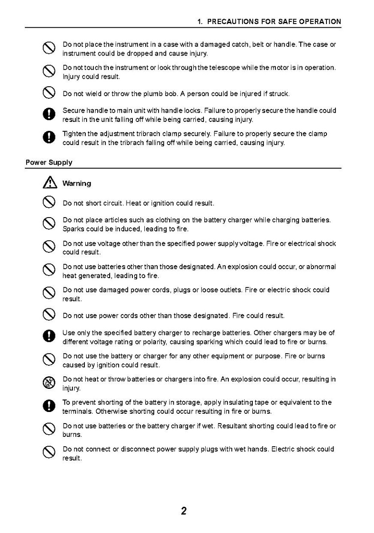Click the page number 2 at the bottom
coord(183,511)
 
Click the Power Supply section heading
coord(49,162)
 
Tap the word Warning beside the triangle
coord(77,183)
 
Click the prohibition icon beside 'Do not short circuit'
coord(49,203)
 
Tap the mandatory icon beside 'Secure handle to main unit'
coord(49,115)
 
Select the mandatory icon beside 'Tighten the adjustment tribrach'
coord(49,138)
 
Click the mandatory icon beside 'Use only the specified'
coord(49,337)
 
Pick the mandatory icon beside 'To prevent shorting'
coord(49,407)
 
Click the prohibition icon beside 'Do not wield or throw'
coord(49,93)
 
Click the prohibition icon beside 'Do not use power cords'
coord(49,315)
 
